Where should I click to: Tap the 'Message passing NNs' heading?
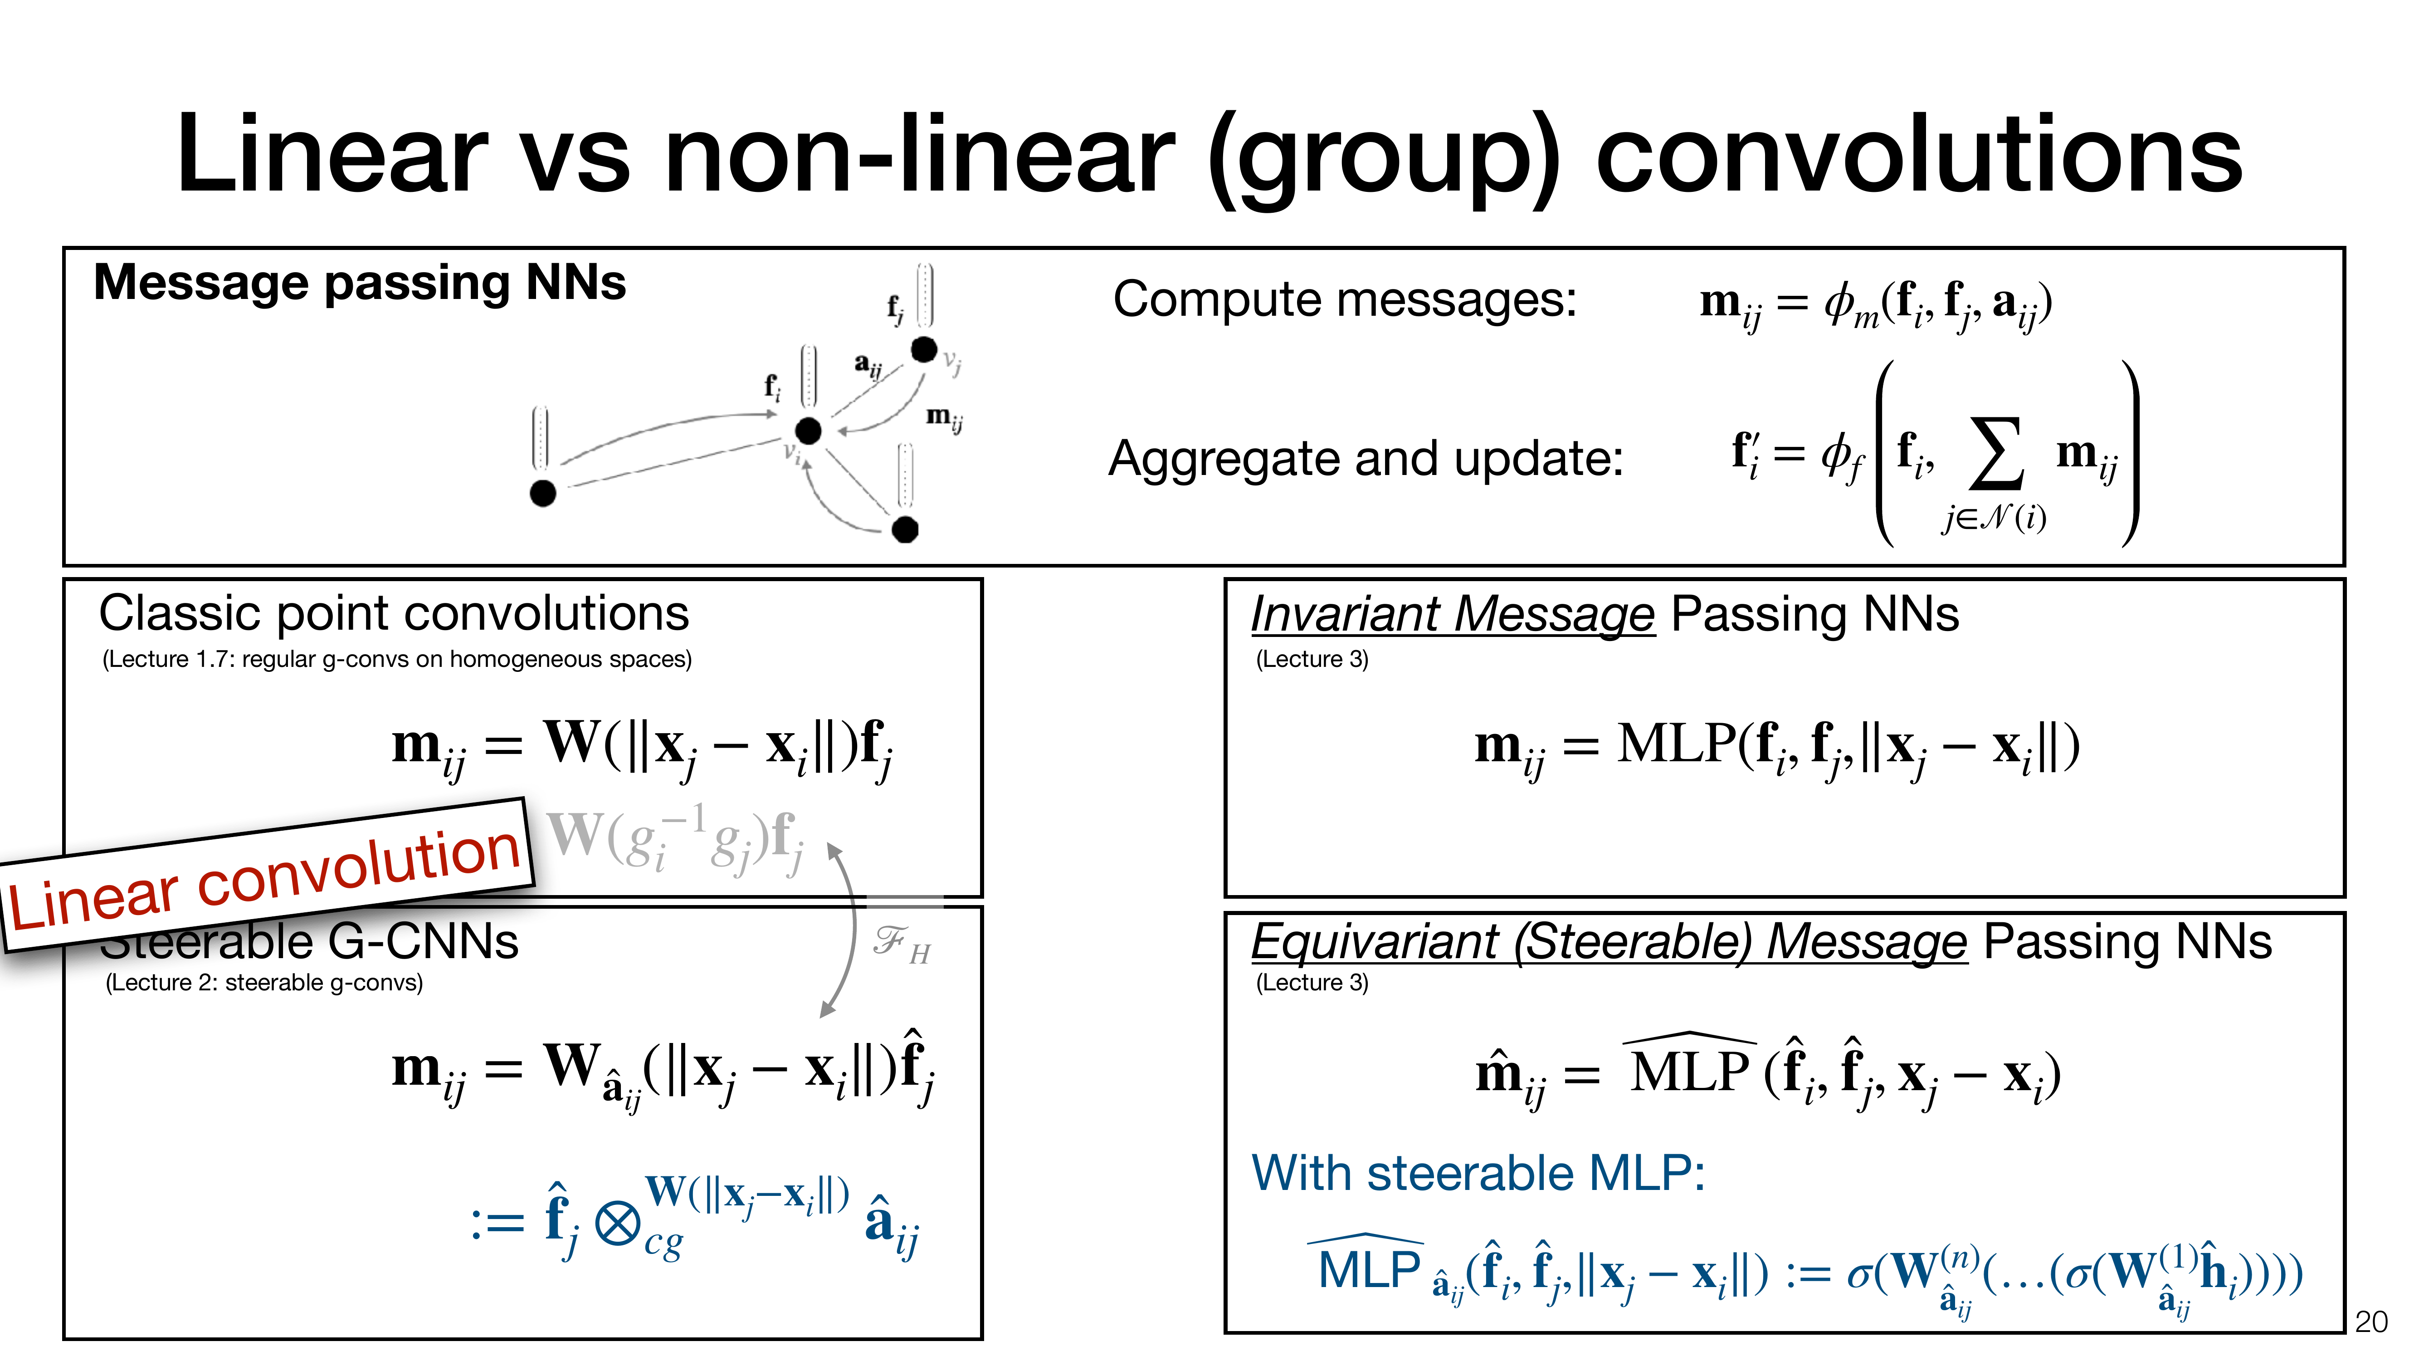(x=360, y=283)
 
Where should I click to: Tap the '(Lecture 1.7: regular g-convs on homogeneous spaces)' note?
(x=396, y=659)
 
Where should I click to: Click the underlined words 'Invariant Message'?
(x=1452, y=615)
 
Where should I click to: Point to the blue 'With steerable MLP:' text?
(x=1478, y=1174)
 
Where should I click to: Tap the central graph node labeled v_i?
(x=808, y=431)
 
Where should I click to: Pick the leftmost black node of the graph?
(x=543, y=492)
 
